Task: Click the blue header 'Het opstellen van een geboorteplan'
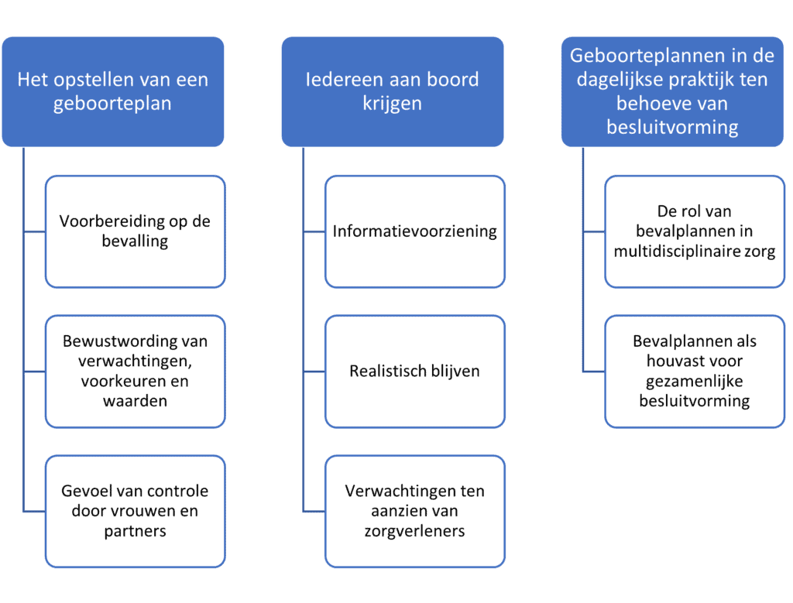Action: point(113,91)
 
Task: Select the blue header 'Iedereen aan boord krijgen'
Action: point(393,91)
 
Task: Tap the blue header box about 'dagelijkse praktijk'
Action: point(672,91)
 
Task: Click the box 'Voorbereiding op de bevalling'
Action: point(135,231)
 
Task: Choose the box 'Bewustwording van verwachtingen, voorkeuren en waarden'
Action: point(135,372)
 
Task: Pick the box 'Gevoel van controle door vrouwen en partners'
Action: point(135,511)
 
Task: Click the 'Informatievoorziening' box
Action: point(415,231)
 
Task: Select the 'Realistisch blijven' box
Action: point(415,372)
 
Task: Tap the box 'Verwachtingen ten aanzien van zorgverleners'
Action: point(415,511)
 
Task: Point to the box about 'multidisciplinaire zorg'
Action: point(695,231)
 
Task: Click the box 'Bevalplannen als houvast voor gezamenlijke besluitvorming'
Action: point(695,372)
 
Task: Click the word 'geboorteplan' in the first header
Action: point(112,104)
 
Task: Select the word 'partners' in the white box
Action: point(135,532)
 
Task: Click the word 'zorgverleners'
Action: point(415,532)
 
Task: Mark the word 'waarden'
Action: point(135,401)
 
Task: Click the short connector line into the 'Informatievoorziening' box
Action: point(314,232)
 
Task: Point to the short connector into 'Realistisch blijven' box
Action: point(314,372)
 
